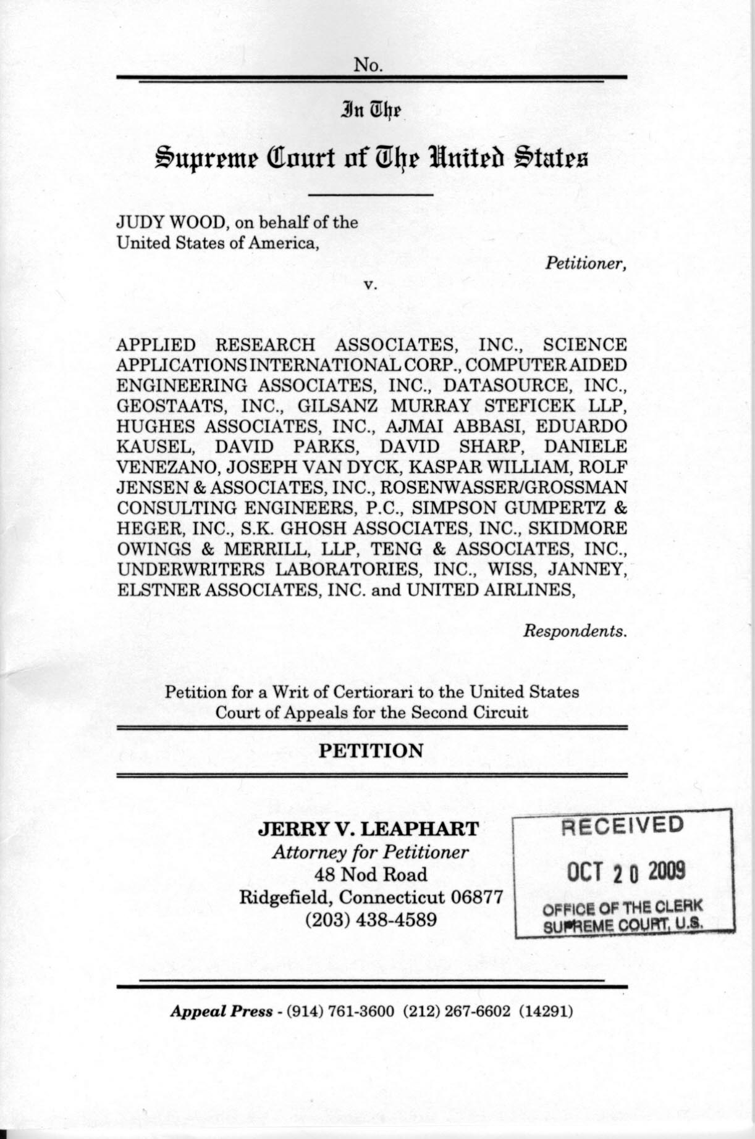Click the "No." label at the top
click(x=369, y=64)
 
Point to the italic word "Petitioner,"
click(x=586, y=264)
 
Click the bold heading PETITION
click(x=371, y=751)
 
